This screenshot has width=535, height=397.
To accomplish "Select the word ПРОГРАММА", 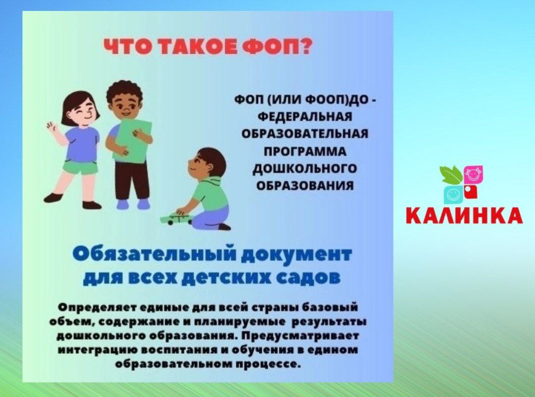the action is (x=305, y=151).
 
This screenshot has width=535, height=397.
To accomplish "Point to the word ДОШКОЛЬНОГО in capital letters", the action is (x=305, y=169).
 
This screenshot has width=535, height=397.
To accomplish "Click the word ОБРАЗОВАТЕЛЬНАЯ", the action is (x=305, y=134).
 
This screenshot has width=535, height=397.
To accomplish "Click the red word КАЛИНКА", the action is (x=464, y=215).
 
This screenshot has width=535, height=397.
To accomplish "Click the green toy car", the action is (x=176, y=218).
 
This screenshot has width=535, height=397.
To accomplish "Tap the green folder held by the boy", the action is (x=130, y=140).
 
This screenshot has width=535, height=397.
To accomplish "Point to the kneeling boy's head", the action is (x=207, y=163).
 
